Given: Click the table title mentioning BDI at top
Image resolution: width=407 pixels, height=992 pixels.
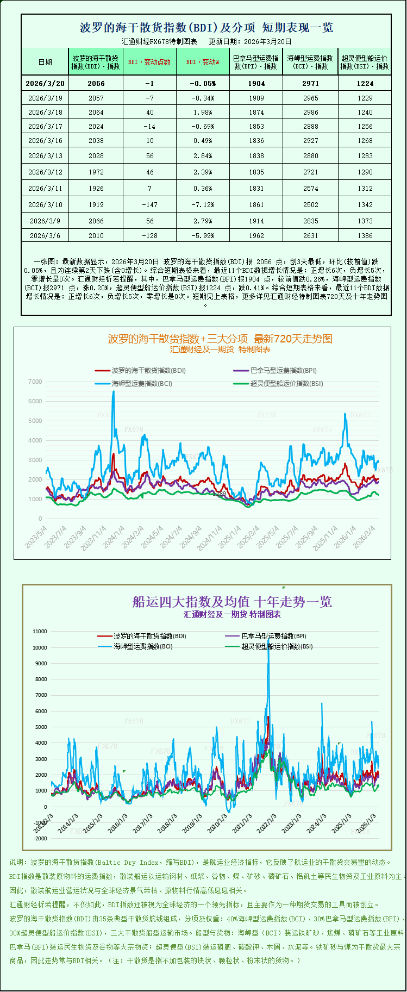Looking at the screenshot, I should point(206,28).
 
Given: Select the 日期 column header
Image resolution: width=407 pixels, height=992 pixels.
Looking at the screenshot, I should point(45,62).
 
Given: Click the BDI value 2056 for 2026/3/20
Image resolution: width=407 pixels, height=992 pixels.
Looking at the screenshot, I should point(96,83).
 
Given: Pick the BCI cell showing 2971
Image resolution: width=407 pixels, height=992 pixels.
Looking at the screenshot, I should point(310,83).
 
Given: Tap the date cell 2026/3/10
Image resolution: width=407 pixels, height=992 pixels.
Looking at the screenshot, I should point(45,204).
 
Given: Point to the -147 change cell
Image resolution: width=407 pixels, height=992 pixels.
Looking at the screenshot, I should point(149,204).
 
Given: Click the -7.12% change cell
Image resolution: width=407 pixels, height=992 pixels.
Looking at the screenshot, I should point(203,204).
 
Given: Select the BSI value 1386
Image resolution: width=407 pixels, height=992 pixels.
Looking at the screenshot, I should point(365,235).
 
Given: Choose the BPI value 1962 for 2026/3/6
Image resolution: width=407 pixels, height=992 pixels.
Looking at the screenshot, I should point(256,235).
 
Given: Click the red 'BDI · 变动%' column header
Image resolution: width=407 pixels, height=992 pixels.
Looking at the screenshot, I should point(203,62).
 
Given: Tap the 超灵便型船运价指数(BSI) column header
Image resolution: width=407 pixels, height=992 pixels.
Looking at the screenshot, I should point(365,62).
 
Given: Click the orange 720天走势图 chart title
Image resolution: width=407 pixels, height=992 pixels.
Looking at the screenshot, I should point(220,339).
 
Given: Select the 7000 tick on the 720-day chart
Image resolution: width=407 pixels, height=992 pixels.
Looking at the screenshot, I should point(35,382).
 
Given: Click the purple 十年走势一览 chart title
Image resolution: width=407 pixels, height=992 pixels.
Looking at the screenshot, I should point(232,602).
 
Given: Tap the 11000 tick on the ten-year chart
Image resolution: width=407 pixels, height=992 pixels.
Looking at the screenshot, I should point(40,631).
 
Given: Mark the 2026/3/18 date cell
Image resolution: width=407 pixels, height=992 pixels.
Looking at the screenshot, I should point(45,112).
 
